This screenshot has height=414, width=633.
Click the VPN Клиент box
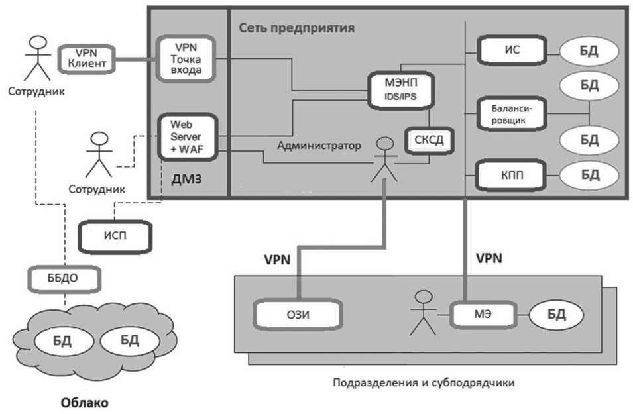[x=87, y=58]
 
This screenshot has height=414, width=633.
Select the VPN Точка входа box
[x=186, y=60]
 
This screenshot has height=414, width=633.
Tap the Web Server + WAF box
[x=188, y=137]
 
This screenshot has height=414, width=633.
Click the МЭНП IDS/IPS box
[x=401, y=90]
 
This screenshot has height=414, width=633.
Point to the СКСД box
[x=429, y=140]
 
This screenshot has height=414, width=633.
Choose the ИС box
[x=512, y=50]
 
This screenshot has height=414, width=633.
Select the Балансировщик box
[x=512, y=114]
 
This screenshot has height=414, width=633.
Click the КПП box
[x=512, y=175]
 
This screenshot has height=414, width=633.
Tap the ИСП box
[x=115, y=236]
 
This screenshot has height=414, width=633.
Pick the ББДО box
[x=64, y=278]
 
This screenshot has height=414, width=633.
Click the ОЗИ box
[x=298, y=315]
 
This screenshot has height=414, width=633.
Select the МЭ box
[x=483, y=314]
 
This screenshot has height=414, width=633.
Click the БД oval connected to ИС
[x=589, y=51]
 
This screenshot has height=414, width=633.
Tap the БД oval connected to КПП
[x=589, y=175]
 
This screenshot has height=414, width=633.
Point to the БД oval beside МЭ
[x=556, y=315]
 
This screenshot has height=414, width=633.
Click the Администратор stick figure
[x=384, y=160]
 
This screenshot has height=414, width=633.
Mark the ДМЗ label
[x=186, y=179]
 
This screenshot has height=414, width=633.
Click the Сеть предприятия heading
[x=297, y=28]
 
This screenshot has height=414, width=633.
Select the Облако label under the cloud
[x=85, y=403]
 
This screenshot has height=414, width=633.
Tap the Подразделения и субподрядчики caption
[x=424, y=382]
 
